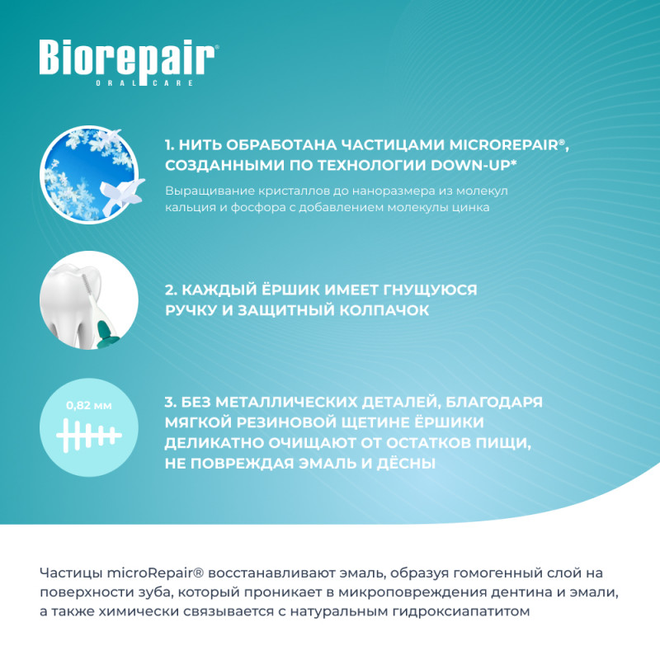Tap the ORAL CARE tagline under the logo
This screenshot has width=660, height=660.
point(145,83)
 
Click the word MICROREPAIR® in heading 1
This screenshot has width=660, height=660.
point(508,145)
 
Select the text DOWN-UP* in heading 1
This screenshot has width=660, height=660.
point(474,165)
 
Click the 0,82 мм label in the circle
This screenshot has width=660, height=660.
point(89,406)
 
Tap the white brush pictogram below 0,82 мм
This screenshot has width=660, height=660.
point(89,436)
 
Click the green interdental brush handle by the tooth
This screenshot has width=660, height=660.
point(106,332)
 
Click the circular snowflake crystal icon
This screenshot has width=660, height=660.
point(89,174)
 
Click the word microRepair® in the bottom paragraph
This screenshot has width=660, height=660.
point(155,573)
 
